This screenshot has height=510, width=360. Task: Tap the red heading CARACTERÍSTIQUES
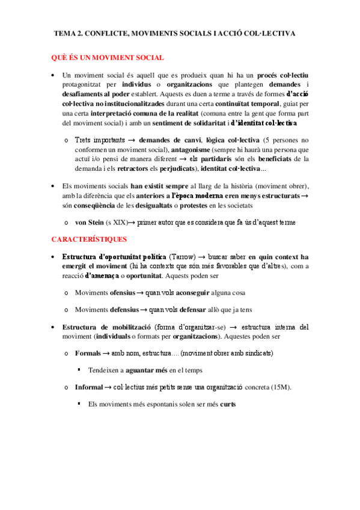click(88, 239)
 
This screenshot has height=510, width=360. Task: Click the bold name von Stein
click(89, 223)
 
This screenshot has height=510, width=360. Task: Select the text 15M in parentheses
click(279, 387)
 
